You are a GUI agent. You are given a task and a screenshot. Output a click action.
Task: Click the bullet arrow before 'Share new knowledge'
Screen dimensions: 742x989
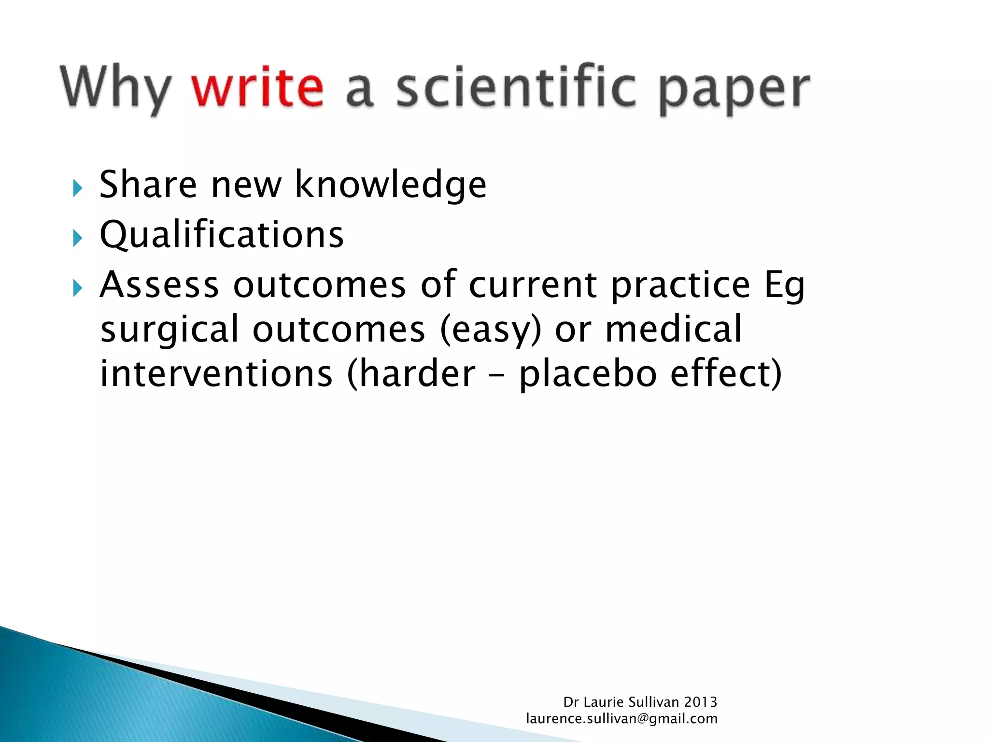(78, 188)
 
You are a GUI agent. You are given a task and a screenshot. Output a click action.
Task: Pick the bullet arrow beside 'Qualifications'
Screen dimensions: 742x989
(78, 238)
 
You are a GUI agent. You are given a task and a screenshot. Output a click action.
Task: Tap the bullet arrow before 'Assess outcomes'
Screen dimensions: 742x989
(78, 288)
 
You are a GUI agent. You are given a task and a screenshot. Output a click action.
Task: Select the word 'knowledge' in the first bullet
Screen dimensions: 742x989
(390, 185)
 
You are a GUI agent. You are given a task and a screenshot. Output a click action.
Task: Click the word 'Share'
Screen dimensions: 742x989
(148, 185)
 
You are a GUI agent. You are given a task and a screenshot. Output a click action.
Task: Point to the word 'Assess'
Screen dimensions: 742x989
(159, 285)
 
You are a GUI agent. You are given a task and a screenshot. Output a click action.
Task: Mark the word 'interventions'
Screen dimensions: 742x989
(216, 374)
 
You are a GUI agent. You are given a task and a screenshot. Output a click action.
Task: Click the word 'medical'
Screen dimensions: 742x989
(673, 329)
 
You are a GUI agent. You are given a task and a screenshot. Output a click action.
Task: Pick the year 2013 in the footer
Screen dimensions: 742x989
(700, 702)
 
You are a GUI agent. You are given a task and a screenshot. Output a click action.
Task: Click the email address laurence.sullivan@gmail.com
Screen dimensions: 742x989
(622, 719)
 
